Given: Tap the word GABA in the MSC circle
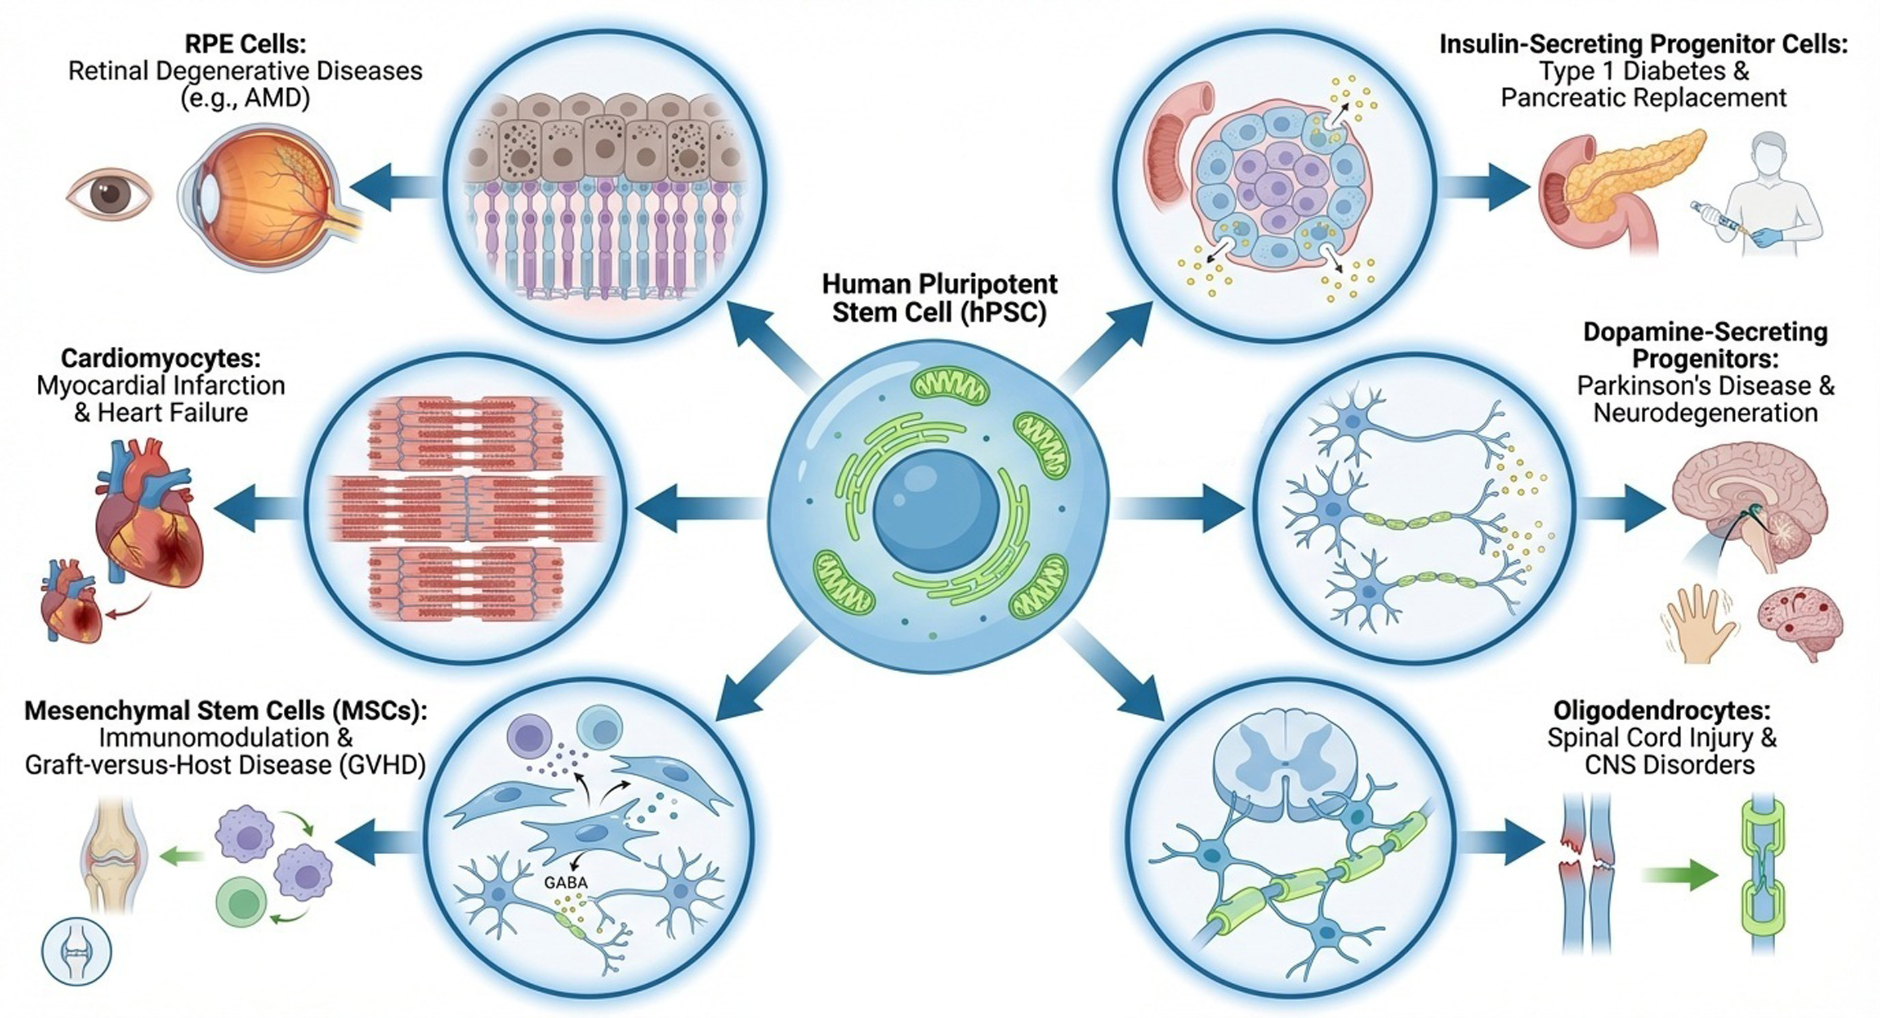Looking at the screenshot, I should [x=566, y=882].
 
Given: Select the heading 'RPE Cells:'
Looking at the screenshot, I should [x=245, y=44].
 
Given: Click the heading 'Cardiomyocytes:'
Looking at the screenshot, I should [x=160, y=358].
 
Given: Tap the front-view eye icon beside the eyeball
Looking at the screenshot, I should [x=109, y=194].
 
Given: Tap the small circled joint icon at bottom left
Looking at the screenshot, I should [x=77, y=953].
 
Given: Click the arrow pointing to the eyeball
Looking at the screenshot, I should [x=394, y=187].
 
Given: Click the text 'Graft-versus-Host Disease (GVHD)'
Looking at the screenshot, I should [x=225, y=765].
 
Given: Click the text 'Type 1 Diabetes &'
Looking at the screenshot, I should [x=1643, y=72].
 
